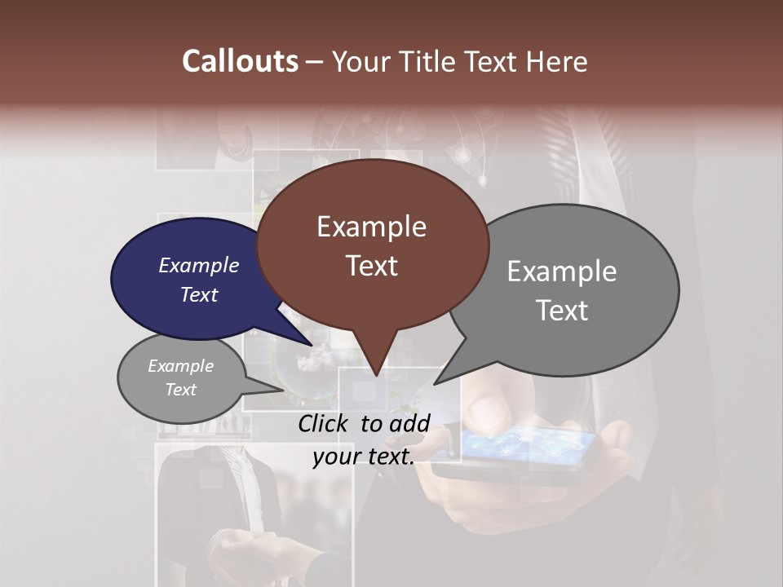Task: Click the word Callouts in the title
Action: click(x=240, y=61)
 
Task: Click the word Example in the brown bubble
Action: click(x=371, y=227)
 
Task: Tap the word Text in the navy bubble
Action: click(x=199, y=294)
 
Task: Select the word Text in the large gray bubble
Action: click(x=563, y=311)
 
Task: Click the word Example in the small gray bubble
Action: click(x=180, y=366)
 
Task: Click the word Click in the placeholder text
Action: click(x=325, y=422)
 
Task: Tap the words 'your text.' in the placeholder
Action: click(x=363, y=457)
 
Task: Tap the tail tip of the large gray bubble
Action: click(x=435, y=383)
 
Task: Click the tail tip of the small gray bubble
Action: click(x=284, y=390)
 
